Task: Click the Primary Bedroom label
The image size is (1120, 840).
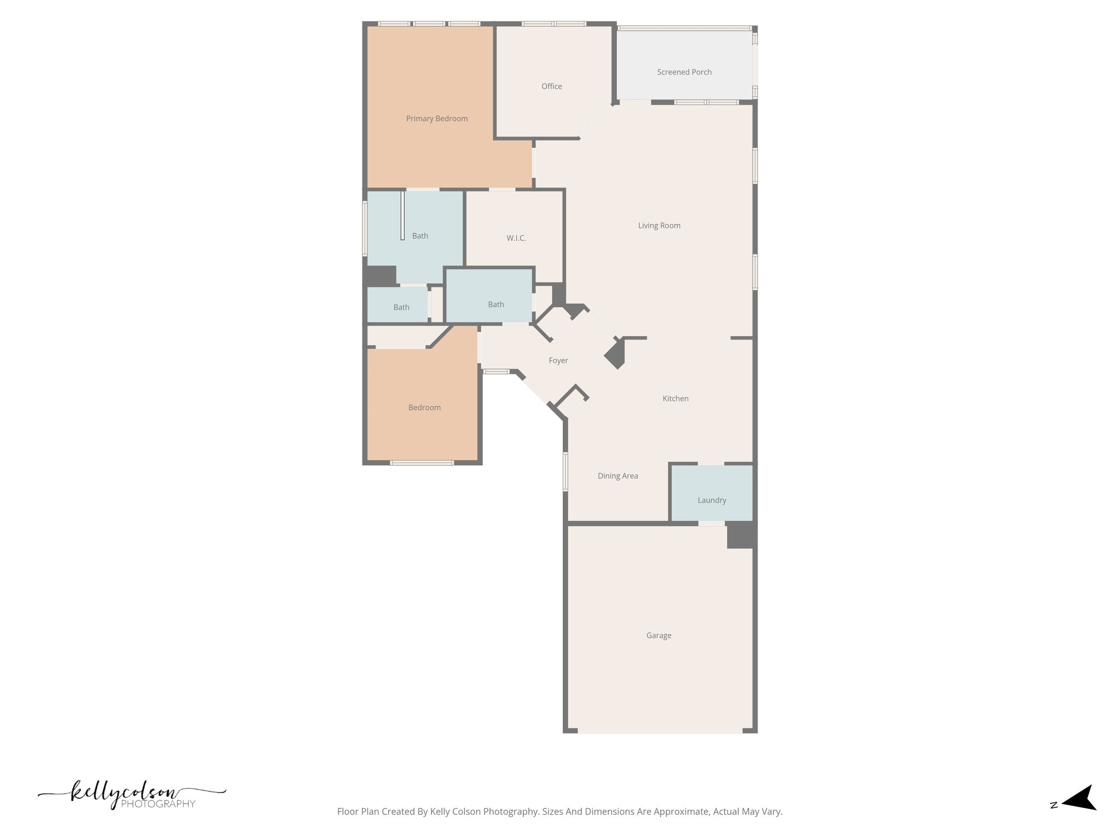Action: tap(436, 119)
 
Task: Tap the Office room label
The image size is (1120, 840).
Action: tap(551, 86)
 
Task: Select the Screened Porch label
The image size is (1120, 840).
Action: tap(684, 72)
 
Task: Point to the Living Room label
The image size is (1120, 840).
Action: tap(659, 225)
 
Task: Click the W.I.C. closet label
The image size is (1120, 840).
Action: tap(516, 238)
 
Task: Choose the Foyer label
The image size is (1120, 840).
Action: tap(558, 360)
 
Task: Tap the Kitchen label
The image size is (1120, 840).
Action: tap(675, 399)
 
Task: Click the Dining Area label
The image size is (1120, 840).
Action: tap(617, 476)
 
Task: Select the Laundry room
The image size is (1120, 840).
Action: tap(711, 500)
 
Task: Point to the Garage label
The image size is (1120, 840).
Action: tap(658, 635)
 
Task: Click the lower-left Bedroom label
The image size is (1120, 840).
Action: tap(424, 407)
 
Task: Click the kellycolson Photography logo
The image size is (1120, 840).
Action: tap(131, 796)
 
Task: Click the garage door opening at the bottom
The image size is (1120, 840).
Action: tap(660, 731)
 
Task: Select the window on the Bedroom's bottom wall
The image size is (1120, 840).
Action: tap(421, 463)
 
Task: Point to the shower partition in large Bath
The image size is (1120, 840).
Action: tap(402, 215)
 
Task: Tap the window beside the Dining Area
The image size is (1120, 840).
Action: tap(565, 471)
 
